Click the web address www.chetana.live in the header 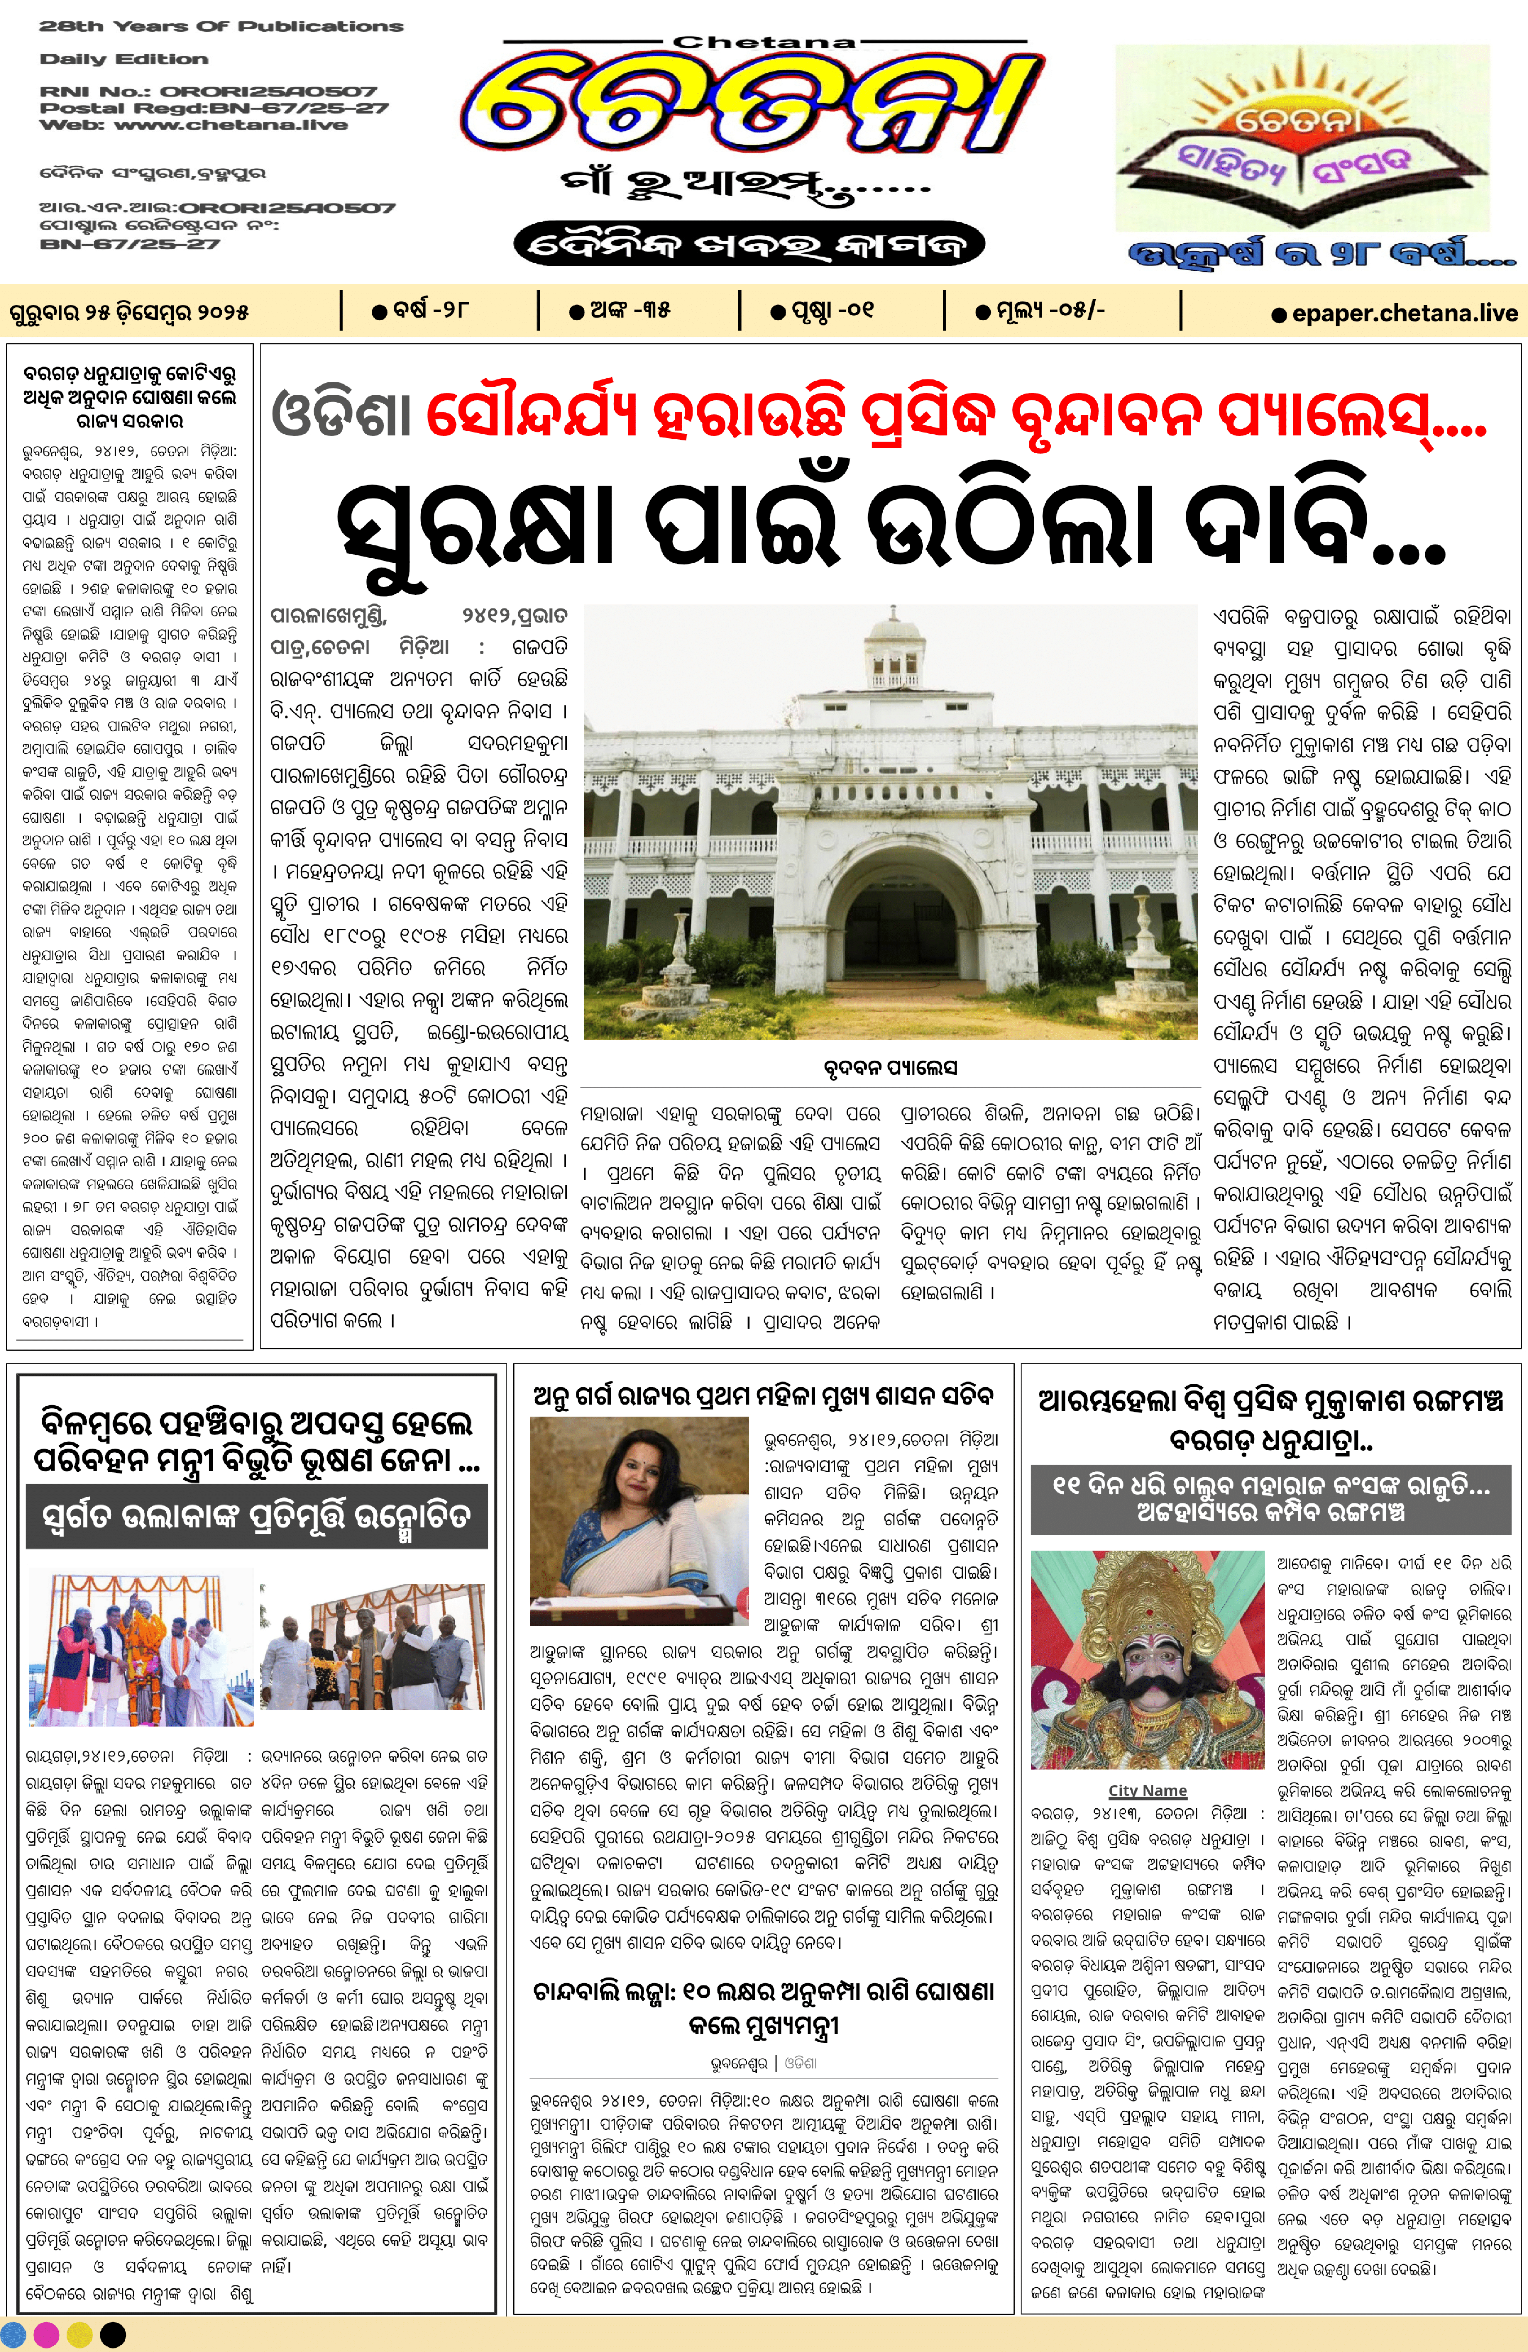[230, 125]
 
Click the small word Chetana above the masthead [764, 42]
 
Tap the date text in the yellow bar [128, 313]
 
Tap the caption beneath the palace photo [889, 1068]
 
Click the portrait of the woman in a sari [639, 1520]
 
